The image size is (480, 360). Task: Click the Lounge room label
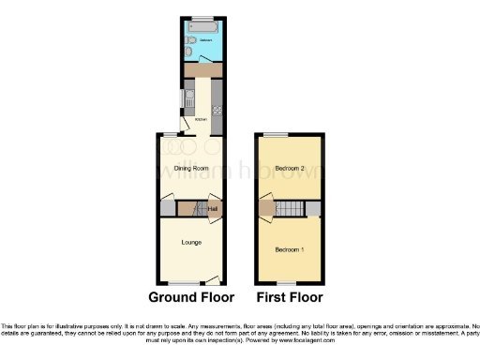[x=190, y=242]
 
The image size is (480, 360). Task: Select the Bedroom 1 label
[x=290, y=249]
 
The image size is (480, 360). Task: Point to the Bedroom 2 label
[x=291, y=169]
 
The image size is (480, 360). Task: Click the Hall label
[x=212, y=208]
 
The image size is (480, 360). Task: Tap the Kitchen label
[x=200, y=120]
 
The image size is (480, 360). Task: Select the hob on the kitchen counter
[x=218, y=111]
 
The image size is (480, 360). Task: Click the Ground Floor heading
[x=190, y=298]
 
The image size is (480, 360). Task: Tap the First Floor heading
[x=290, y=298]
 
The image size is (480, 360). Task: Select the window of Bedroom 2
[x=275, y=136]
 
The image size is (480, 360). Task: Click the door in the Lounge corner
[x=213, y=277]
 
